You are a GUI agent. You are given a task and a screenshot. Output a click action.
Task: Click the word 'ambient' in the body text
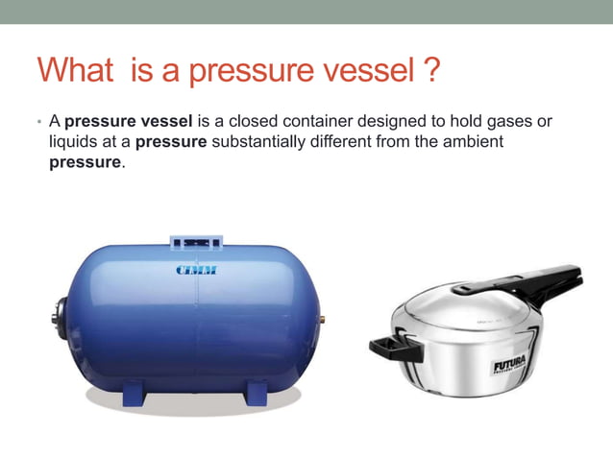(477, 142)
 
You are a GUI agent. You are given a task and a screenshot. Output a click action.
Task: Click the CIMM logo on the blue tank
(196, 270)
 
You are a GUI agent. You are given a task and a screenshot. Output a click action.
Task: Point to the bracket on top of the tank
(196, 242)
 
